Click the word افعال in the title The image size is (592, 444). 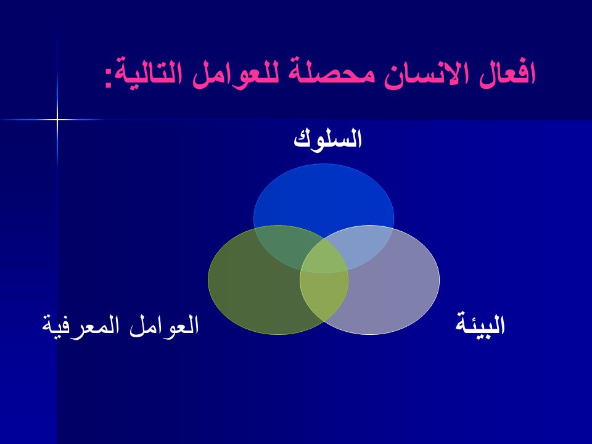pos(507,73)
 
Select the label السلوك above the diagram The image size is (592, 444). pos(327,138)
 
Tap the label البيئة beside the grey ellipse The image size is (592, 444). pos(480,324)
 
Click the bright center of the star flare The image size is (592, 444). pos(57,120)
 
